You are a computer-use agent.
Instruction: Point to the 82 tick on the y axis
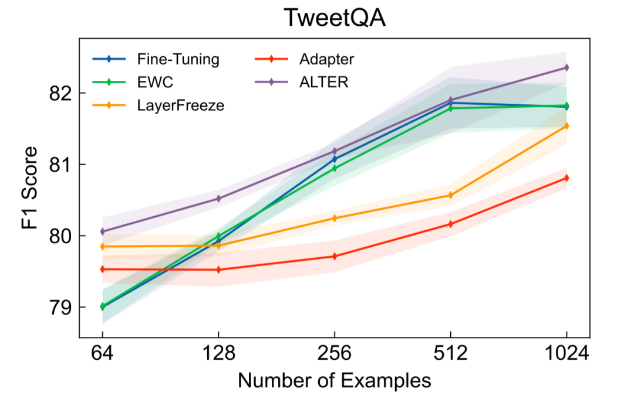click(x=61, y=93)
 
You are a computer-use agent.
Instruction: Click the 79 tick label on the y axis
click(x=61, y=308)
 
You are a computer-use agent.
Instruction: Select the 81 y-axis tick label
click(x=61, y=165)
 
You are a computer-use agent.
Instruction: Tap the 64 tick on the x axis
click(x=103, y=353)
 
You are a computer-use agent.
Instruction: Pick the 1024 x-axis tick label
click(x=566, y=353)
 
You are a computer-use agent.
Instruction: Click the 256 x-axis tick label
click(x=334, y=353)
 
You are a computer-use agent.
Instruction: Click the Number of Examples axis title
click(x=334, y=381)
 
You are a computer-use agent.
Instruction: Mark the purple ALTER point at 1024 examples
click(x=566, y=67)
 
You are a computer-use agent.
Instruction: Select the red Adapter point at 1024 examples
click(x=566, y=178)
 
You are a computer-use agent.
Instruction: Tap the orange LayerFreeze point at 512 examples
click(x=450, y=195)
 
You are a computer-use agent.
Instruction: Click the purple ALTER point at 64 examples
click(x=103, y=231)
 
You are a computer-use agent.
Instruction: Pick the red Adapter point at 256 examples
click(x=335, y=256)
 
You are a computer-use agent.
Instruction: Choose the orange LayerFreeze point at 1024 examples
click(x=566, y=125)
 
